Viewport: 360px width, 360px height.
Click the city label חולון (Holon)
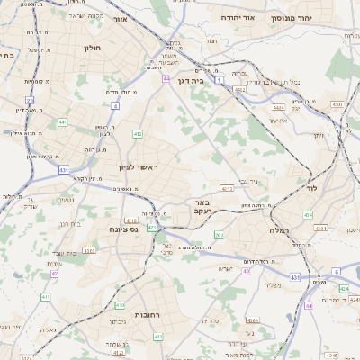click(93, 48)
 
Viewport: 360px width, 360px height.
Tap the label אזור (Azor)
click(121, 17)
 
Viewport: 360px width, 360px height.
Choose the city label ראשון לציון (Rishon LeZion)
click(138, 167)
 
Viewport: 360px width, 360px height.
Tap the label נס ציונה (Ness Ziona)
click(121, 229)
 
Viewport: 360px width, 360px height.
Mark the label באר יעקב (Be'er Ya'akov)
click(202, 208)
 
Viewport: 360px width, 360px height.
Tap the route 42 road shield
click(55, 273)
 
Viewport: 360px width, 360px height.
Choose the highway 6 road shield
click(336, 270)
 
